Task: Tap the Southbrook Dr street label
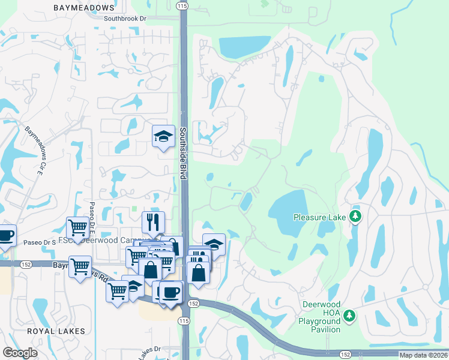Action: click(125, 19)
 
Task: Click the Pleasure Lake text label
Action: click(320, 217)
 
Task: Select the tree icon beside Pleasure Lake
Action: click(355, 216)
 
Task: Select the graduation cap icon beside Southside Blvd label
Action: click(163, 137)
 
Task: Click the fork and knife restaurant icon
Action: click(153, 223)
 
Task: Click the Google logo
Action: click(20, 352)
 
